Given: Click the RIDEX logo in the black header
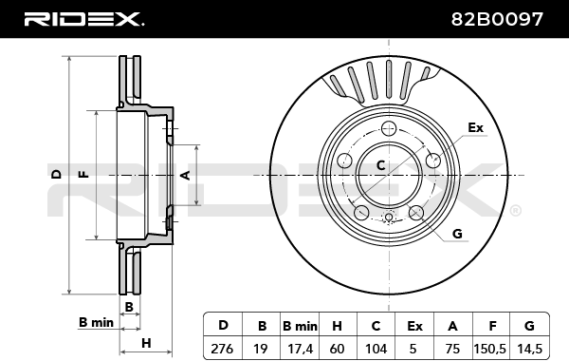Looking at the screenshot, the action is pyautogui.click(x=83, y=19).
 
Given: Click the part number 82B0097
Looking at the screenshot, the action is pyautogui.click(x=497, y=19).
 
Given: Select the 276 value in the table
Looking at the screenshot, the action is pyautogui.click(x=222, y=349).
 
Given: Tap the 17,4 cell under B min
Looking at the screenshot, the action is pyautogui.click(x=300, y=349).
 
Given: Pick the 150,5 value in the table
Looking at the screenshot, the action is pyautogui.click(x=489, y=349).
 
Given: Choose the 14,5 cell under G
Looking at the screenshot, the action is pyautogui.click(x=529, y=349).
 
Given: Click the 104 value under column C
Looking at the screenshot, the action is pyautogui.click(x=376, y=349).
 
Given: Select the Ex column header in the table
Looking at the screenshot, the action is pyautogui.click(x=414, y=326).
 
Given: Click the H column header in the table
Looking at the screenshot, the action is pyautogui.click(x=337, y=326).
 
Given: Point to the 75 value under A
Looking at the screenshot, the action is pyautogui.click(x=452, y=349).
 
